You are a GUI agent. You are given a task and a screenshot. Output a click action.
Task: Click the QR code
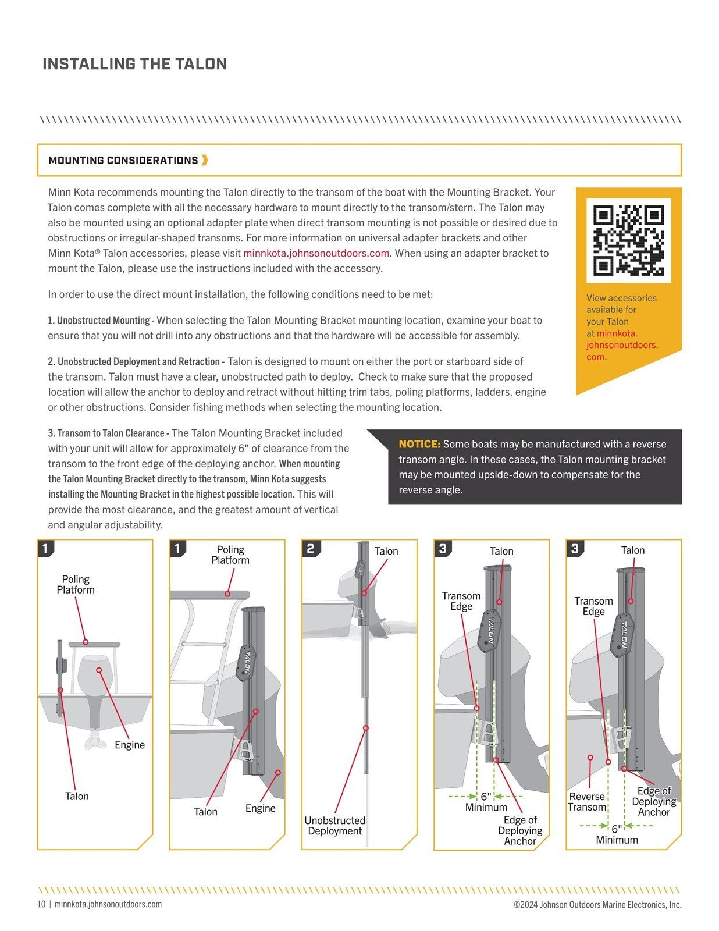pyautogui.click(x=628, y=240)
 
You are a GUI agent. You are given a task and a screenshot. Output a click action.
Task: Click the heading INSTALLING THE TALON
pyautogui.click(x=134, y=64)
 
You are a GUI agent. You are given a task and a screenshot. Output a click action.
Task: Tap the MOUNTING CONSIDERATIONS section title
pyautogui.click(x=123, y=161)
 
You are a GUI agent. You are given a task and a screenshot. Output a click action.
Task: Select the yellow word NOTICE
pyautogui.click(x=419, y=444)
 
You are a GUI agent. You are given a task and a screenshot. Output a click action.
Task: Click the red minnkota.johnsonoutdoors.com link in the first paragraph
pyautogui.click(x=316, y=253)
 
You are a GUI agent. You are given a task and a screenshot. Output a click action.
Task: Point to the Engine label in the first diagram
pyautogui.click(x=129, y=745)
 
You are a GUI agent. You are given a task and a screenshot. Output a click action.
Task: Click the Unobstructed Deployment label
pyautogui.click(x=334, y=826)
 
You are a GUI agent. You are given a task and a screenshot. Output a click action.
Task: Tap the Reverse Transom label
pyautogui.click(x=587, y=802)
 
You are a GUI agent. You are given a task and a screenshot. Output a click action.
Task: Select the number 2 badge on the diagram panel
pyautogui.click(x=311, y=548)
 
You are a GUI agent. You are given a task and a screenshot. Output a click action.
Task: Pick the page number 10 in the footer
pyautogui.click(x=41, y=904)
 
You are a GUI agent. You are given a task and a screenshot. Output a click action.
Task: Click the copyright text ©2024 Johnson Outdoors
pyautogui.click(x=597, y=905)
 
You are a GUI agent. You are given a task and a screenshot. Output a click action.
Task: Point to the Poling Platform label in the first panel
pyautogui.click(x=76, y=584)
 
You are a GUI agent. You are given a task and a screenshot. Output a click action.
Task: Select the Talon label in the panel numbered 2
pyautogui.click(x=386, y=551)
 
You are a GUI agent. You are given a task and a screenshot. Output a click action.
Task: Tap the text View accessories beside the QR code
pyautogui.click(x=621, y=298)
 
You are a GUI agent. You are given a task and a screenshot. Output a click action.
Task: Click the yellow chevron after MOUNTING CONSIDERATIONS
pyautogui.click(x=205, y=160)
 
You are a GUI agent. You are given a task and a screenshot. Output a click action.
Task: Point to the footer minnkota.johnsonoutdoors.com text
pyautogui.click(x=108, y=904)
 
